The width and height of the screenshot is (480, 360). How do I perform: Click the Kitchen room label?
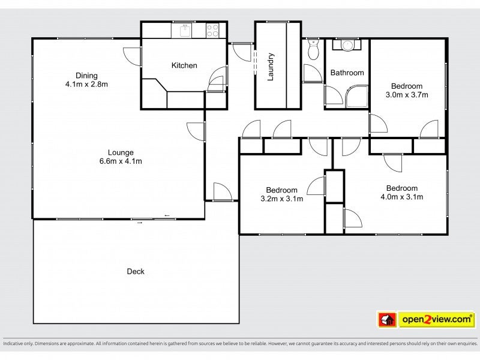[x=184, y=65]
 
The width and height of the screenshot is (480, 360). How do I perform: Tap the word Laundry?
[x=271, y=67]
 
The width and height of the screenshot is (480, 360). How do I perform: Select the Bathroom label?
[x=347, y=73]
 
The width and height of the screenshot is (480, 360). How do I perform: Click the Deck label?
[x=136, y=271]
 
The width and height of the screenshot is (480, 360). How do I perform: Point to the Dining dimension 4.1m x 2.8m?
[x=86, y=84]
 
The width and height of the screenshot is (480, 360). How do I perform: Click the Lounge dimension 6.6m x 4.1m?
[x=121, y=161]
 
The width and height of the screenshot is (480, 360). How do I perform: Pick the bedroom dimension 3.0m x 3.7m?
[x=407, y=95]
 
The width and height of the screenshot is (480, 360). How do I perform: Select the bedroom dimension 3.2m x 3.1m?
[x=281, y=199]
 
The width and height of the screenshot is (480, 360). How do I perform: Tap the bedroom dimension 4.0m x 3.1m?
[x=401, y=197]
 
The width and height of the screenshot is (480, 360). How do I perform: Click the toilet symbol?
[x=313, y=49]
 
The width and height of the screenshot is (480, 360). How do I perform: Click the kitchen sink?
[x=185, y=31]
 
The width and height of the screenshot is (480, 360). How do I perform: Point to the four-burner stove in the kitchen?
[x=212, y=31]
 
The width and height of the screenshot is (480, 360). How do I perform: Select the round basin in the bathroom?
[x=347, y=46]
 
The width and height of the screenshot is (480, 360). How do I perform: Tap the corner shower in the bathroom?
[x=357, y=97]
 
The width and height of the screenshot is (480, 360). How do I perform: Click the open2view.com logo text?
[x=437, y=319]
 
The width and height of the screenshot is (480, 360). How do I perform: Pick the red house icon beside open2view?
[x=387, y=320]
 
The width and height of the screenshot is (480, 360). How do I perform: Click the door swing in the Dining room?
[x=132, y=56]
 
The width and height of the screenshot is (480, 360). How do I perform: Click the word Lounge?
[x=121, y=152]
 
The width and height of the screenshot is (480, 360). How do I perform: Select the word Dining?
[x=86, y=76]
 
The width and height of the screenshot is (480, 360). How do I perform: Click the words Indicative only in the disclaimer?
[x=18, y=343]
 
